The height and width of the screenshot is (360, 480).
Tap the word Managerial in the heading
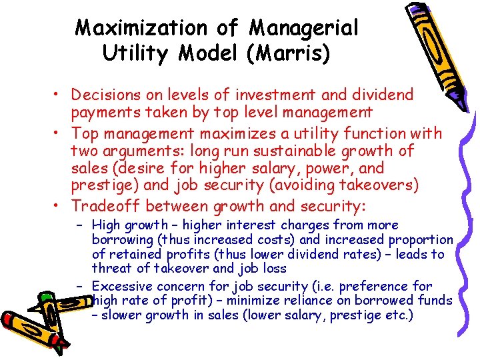(304, 29)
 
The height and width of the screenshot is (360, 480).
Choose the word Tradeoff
(106, 206)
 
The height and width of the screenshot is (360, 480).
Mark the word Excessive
(123, 286)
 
